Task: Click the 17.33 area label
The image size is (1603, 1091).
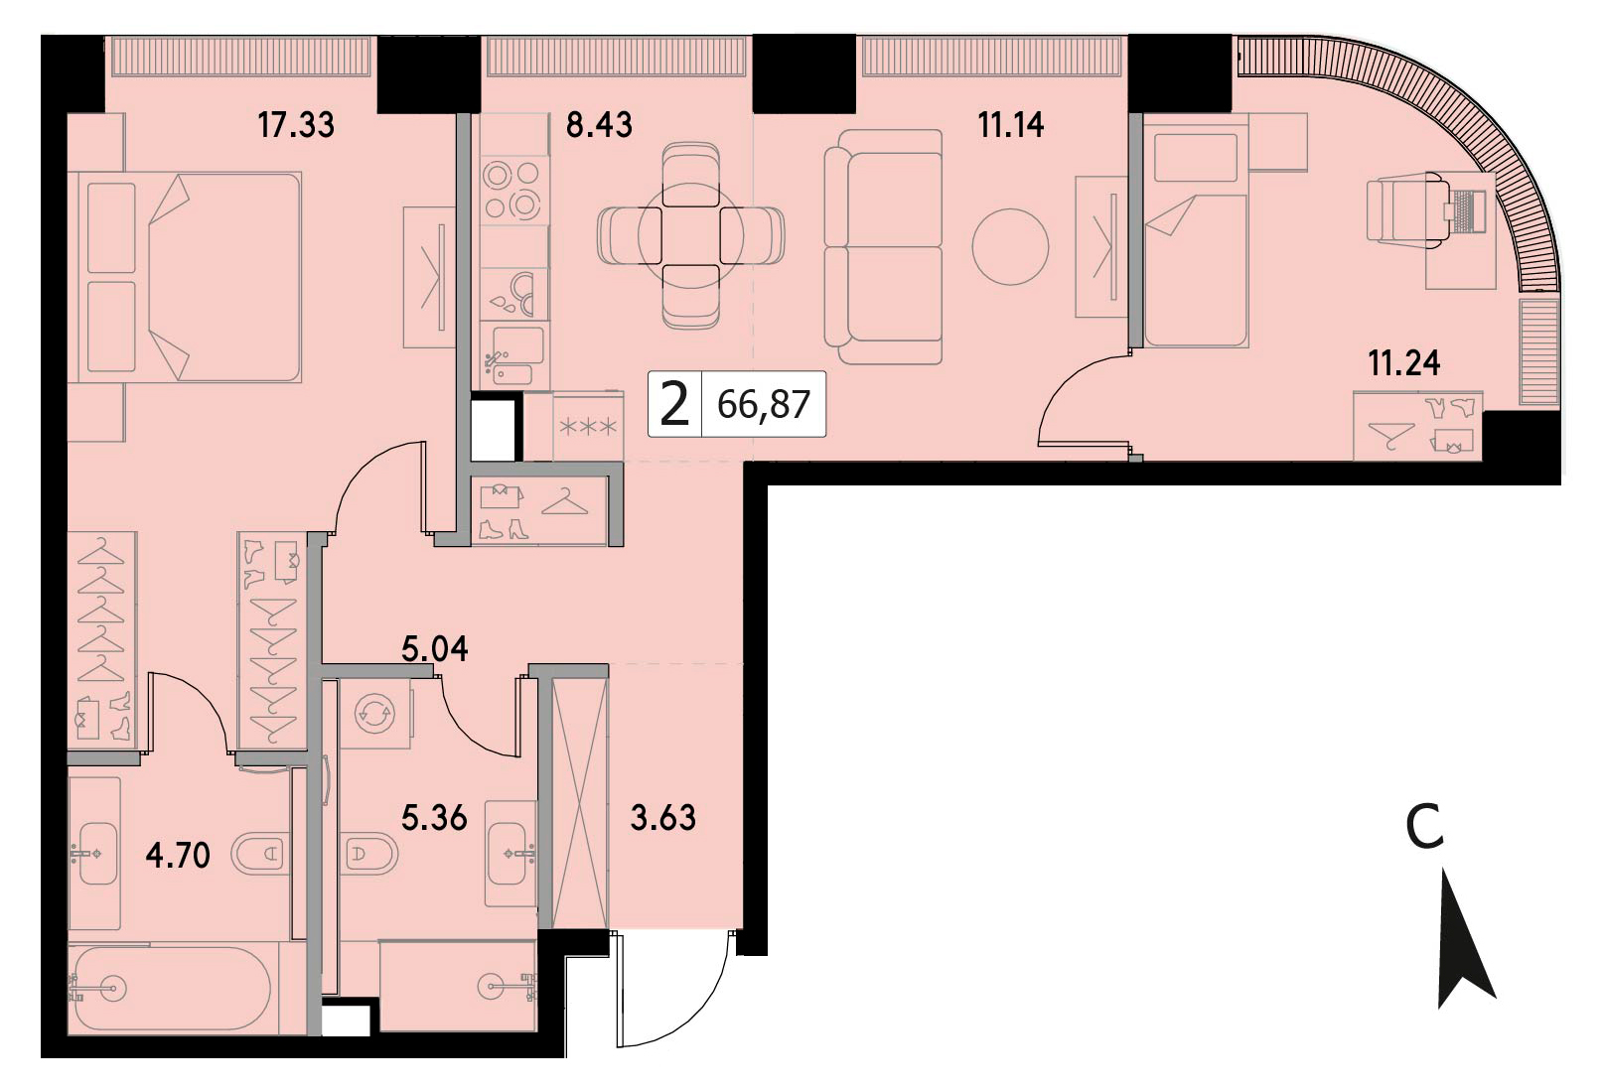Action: (296, 125)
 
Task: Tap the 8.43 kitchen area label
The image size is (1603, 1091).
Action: (599, 125)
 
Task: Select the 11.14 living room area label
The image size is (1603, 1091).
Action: (1010, 125)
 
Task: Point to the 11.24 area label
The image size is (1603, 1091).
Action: (1404, 362)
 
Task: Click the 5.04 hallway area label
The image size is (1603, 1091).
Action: (434, 649)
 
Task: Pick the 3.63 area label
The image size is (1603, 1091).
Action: (662, 818)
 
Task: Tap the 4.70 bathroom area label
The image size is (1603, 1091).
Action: (178, 855)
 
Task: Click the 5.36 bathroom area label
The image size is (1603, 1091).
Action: (434, 818)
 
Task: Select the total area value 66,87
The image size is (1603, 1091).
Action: (764, 405)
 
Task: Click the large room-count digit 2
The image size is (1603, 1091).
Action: (674, 404)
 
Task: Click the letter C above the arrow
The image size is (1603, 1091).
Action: (1425, 828)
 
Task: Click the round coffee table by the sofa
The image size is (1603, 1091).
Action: (1010, 246)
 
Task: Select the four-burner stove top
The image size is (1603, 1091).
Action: (512, 191)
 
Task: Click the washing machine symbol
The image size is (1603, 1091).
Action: (374, 713)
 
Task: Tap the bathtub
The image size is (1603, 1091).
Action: (172, 989)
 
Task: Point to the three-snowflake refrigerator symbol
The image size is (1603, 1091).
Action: (588, 427)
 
